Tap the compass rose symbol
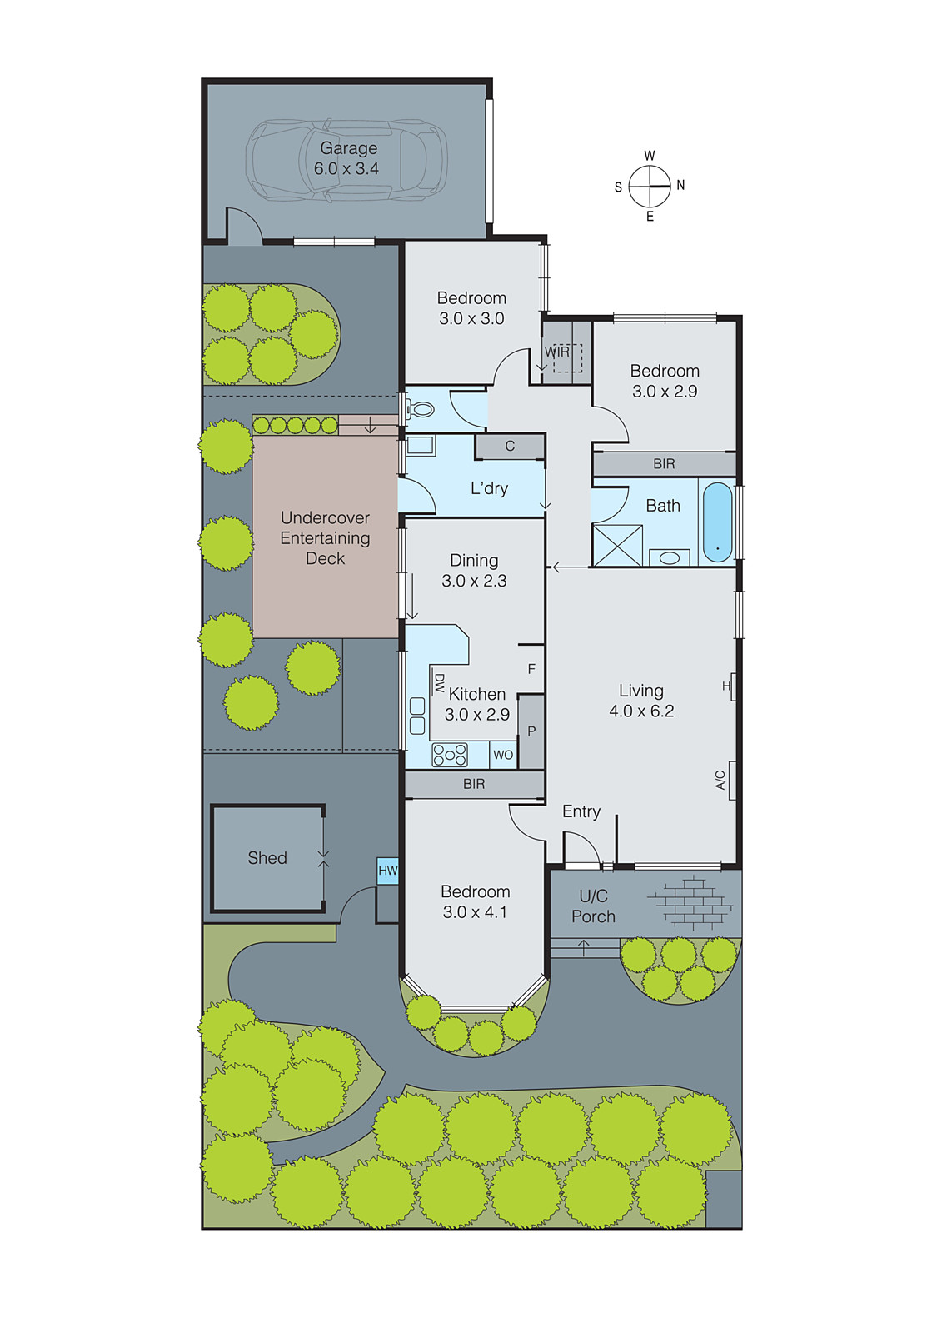click(x=650, y=186)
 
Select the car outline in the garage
click(x=346, y=160)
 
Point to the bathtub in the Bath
click(x=717, y=522)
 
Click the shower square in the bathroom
click(x=617, y=546)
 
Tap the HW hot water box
click(x=388, y=871)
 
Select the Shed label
click(x=267, y=858)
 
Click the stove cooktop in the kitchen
click(x=450, y=755)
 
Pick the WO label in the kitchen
click(x=503, y=755)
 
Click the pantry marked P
click(x=531, y=731)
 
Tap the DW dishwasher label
click(x=439, y=683)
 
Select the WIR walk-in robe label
click(x=557, y=352)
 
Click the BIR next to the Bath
click(x=664, y=464)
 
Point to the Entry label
click(x=581, y=811)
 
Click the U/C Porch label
click(x=593, y=906)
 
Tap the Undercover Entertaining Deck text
click(x=325, y=538)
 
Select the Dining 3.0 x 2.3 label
click(x=474, y=571)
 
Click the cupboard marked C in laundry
click(x=510, y=447)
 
